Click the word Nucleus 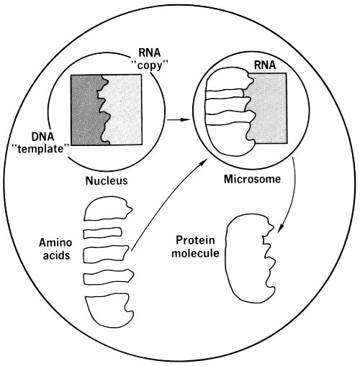click(x=107, y=180)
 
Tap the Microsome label click(x=252, y=179)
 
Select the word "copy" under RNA click(x=150, y=65)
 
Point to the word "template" click(x=42, y=149)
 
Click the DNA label click(x=42, y=137)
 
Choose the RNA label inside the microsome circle click(x=265, y=65)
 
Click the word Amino click(x=55, y=242)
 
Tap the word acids click(x=56, y=255)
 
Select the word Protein click(x=195, y=240)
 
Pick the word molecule click(x=195, y=253)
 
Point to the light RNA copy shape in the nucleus click(x=125, y=110)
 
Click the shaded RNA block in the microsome click(x=269, y=108)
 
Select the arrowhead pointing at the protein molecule click(x=280, y=228)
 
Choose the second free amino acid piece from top click(x=103, y=233)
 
